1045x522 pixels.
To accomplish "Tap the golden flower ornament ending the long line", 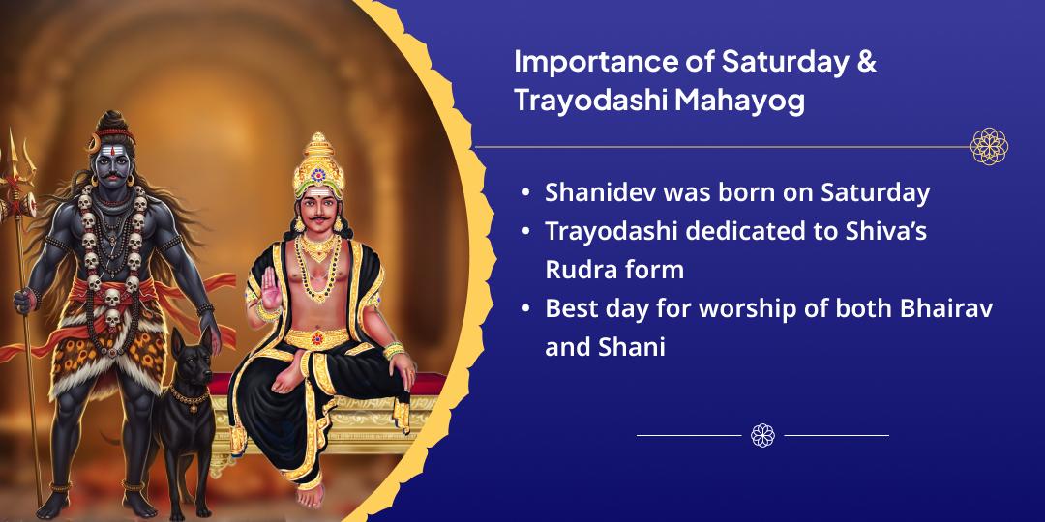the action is (x=989, y=147).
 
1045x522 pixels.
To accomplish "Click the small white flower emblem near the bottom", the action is (x=762, y=435).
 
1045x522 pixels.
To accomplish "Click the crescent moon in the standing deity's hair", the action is (x=95, y=142).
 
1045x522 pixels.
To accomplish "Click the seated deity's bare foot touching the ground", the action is (x=311, y=494).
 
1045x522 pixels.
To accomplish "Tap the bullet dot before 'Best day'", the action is (x=526, y=309).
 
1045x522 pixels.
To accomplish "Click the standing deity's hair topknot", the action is (x=111, y=122).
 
